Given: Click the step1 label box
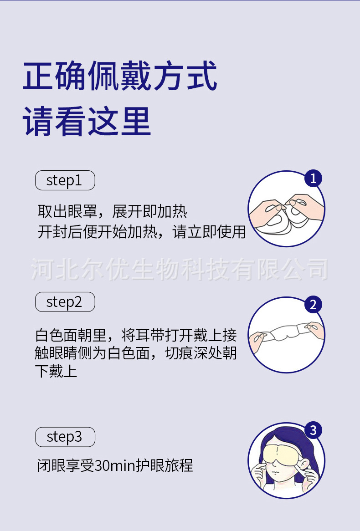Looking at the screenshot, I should [65, 180].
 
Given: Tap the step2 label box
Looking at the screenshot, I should [65, 302].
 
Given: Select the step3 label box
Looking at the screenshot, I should [65, 437].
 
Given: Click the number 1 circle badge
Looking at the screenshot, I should [313, 179].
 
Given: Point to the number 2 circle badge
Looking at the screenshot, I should [313, 305].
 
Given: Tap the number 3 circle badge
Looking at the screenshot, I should [313, 430].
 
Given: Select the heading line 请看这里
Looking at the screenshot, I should [87, 122].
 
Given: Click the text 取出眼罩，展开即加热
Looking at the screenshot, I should [112, 212].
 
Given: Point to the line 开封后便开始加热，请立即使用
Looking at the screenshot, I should [141, 232].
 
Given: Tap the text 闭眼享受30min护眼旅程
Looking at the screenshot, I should [115, 465].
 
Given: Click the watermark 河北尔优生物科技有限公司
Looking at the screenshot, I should [180, 269].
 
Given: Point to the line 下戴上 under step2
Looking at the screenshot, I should [56, 371].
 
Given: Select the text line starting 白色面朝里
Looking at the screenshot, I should [136, 336].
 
